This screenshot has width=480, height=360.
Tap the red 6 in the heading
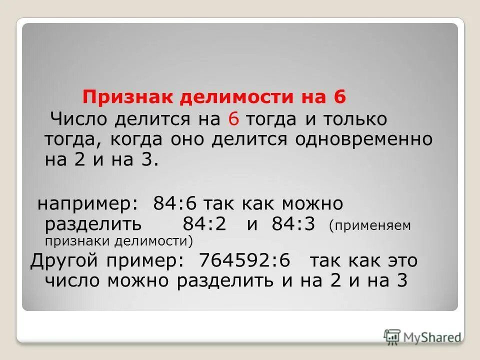click(x=339, y=96)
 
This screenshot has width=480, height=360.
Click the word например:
click(x=89, y=204)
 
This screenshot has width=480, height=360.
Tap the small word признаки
click(x=78, y=241)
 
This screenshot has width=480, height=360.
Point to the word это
click(x=399, y=261)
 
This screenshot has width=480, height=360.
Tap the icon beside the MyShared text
click(x=392, y=336)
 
